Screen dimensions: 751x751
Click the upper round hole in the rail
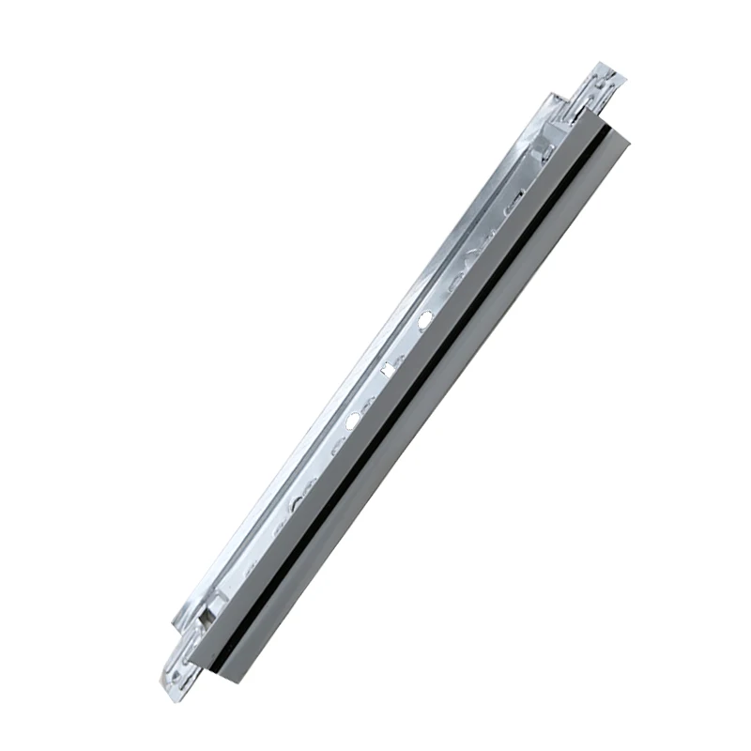[424, 320]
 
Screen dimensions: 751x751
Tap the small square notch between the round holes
[386, 369]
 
